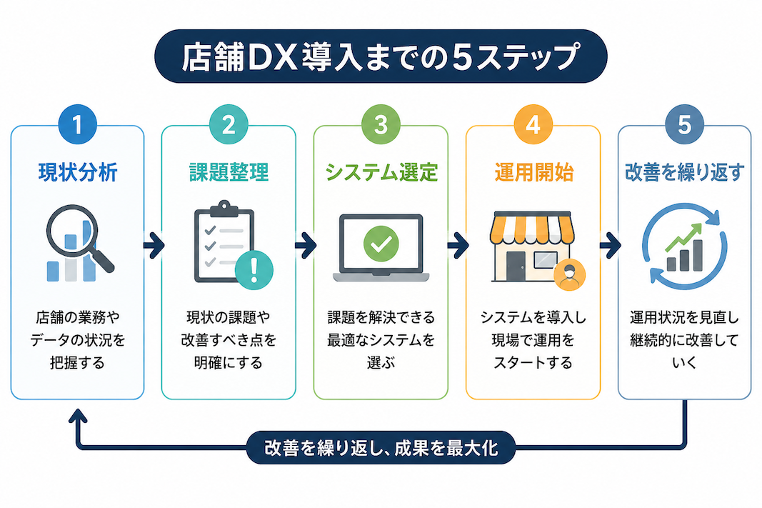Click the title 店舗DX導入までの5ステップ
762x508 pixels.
(381, 57)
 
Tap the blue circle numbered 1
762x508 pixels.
(77, 124)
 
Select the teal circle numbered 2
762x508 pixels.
(229, 124)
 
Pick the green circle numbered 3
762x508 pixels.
(381, 124)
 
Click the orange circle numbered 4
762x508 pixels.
(533, 124)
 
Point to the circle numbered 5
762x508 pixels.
(685, 124)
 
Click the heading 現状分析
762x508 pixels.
(78, 173)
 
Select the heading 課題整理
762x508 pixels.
(229, 173)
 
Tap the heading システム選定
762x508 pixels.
(381, 173)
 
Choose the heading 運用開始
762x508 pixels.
(533, 173)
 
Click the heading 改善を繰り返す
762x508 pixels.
(685, 173)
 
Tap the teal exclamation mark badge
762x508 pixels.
(254, 270)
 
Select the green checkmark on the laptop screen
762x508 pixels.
(381, 244)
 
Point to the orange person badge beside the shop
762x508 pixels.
(570, 275)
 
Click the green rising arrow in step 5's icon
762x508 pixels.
(683, 236)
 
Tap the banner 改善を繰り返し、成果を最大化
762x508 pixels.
(381, 448)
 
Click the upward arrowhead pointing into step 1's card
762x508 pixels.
(78, 417)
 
